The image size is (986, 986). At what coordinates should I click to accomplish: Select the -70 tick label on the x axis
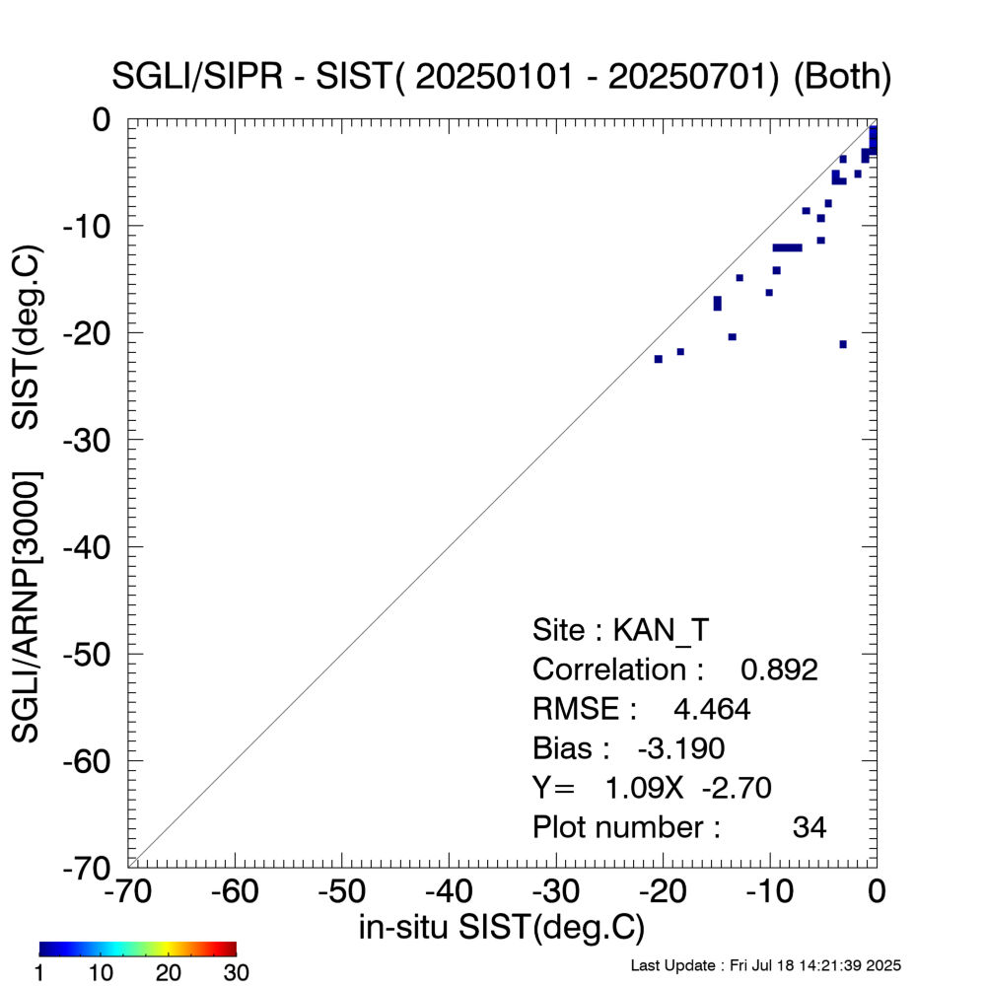pyautogui.click(x=128, y=893)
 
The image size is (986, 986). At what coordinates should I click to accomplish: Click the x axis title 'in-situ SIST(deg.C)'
pyautogui.click(x=502, y=928)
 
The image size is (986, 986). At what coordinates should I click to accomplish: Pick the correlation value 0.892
pyautogui.click(x=779, y=669)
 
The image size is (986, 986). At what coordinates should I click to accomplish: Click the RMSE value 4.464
pyautogui.click(x=711, y=709)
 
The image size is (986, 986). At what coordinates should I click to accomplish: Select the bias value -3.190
pyautogui.click(x=681, y=748)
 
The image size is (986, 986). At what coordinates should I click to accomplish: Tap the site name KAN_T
pyautogui.click(x=662, y=630)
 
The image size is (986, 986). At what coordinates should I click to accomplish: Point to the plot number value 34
pyautogui.click(x=810, y=827)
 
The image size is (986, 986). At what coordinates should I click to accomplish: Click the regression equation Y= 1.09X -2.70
pyautogui.click(x=651, y=788)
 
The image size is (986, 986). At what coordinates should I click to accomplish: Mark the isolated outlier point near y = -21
pyautogui.click(x=843, y=344)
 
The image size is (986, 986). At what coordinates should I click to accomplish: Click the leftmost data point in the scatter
pyautogui.click(x=659, y=359)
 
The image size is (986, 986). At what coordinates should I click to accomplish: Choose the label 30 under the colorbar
pyautogui.click(x=236, y=973)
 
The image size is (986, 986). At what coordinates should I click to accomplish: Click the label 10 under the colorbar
pyautogui.click(x=104, y=973)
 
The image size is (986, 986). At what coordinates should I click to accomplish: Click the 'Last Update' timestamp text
pyautogui.click(x=765, y=964)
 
